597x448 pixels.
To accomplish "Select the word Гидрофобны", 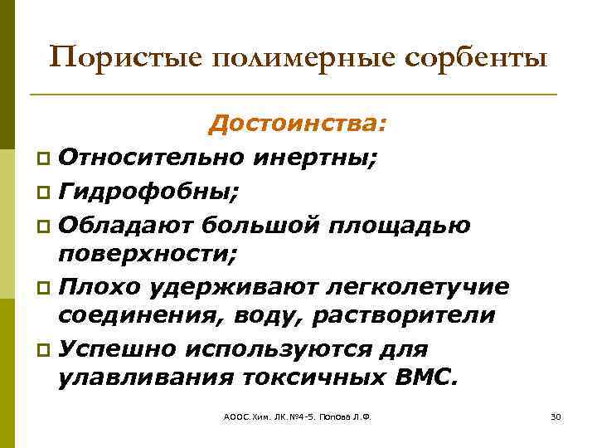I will pyautogui.click(x=150, y=192).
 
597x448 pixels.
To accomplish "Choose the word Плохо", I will pyautogui.click(x=103, y=285).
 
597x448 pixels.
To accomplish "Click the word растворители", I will pyautogui.click(x=403, y=315).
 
